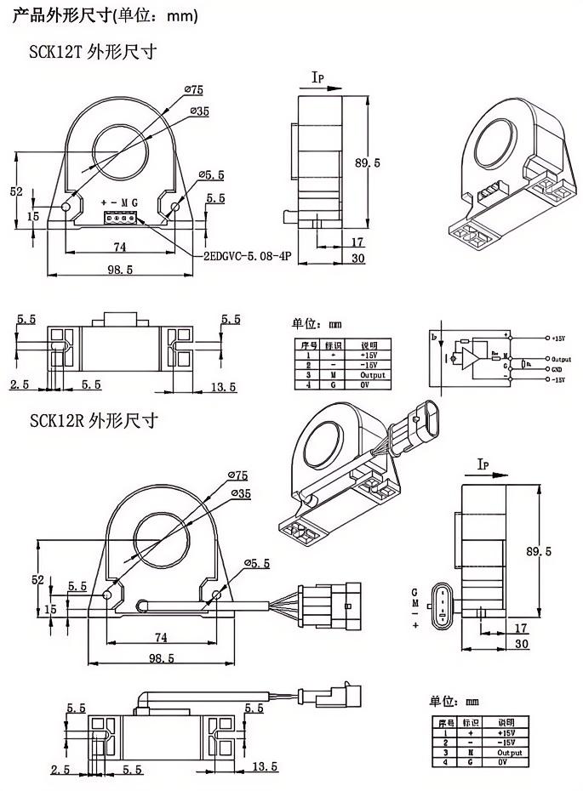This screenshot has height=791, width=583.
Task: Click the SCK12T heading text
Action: pyautogui.click(x=93, y=52)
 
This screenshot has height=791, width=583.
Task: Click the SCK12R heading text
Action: pyautogui.click(x=93, y=421)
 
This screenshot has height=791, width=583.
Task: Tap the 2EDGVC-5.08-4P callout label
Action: pyautogui.click(x=246, y=255)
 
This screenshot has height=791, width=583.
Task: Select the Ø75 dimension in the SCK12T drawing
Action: pyautogui.click(x=193, y=90)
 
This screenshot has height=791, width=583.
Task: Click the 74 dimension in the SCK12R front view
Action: pyautogui.click(x=159, y=638)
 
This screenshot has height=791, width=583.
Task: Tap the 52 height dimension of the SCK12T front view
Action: pyautogui.click(x=16, y=191)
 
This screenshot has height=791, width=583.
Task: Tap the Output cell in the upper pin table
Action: pyautogui.click(x=373, y=374)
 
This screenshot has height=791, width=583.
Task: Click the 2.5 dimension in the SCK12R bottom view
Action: pyautogui.click(x=60, y=769)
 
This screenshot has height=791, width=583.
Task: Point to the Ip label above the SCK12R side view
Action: pyautogui.click(x=483, y=464)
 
